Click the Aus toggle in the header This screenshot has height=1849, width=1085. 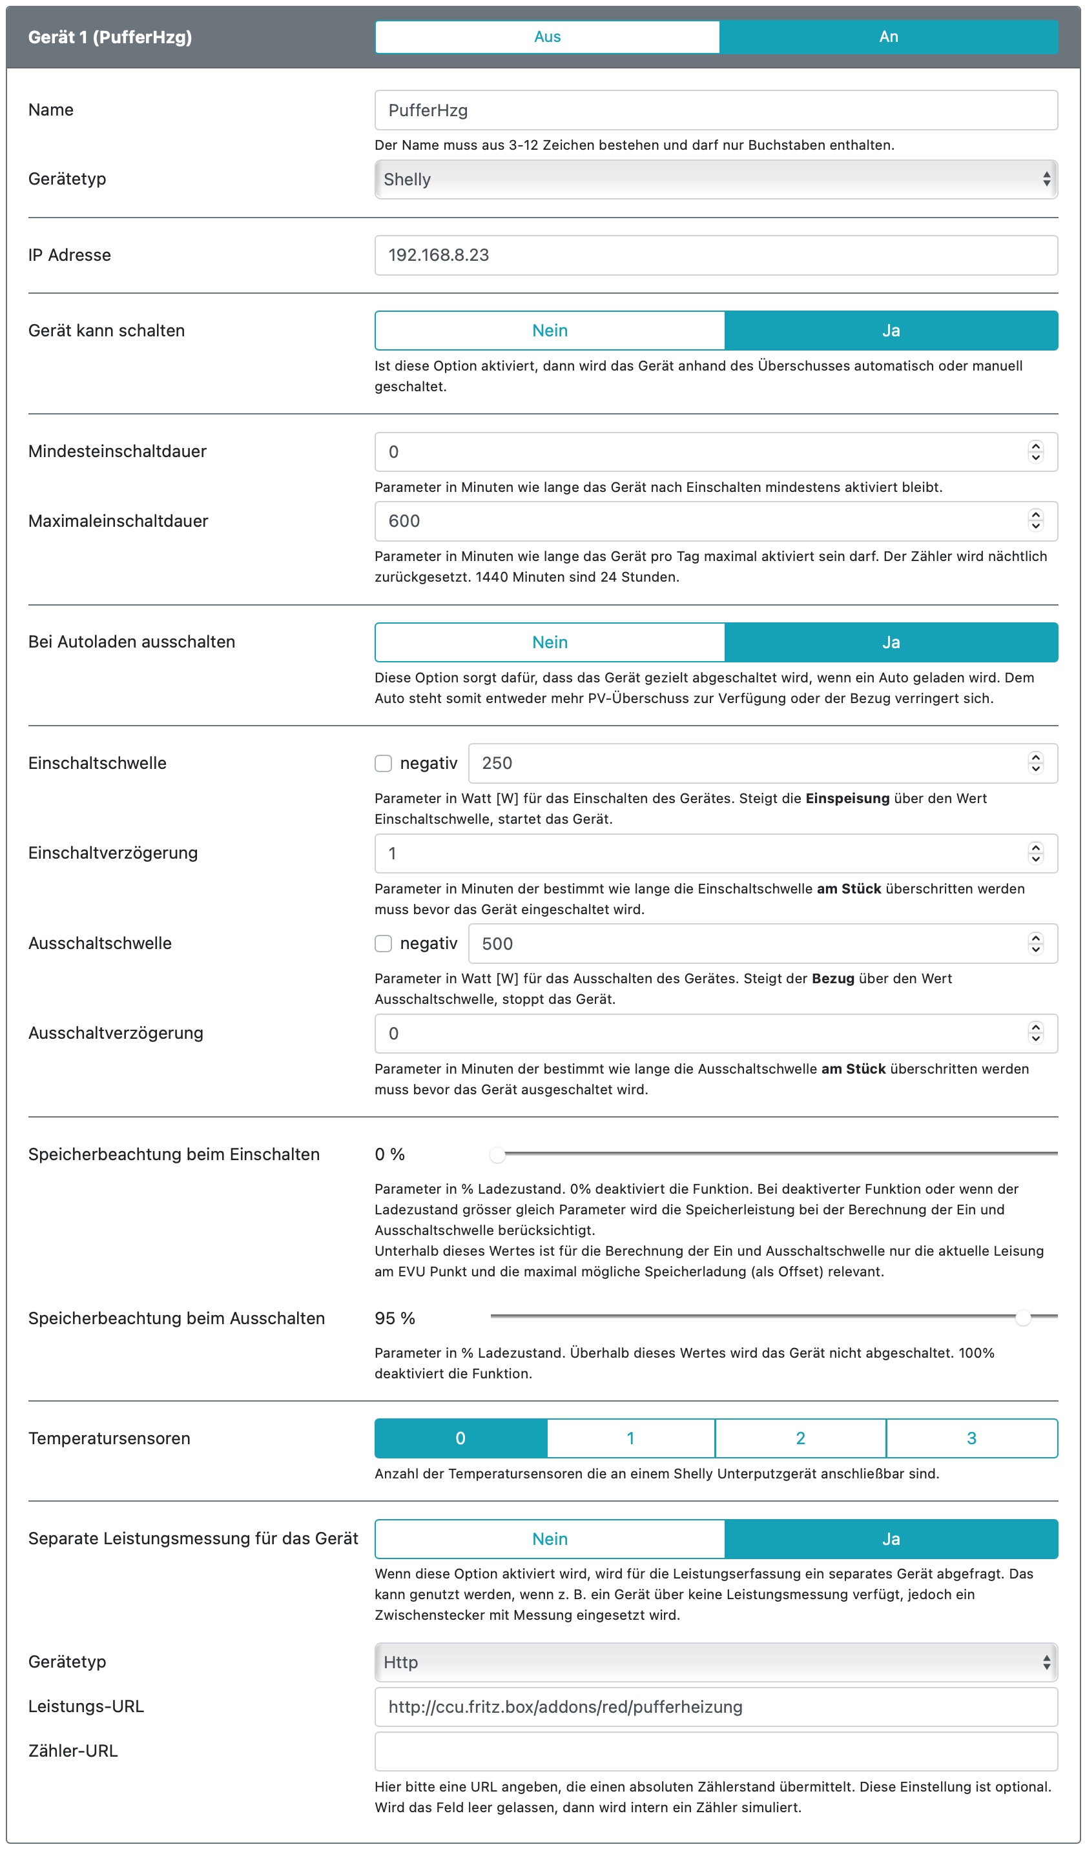point(547,37)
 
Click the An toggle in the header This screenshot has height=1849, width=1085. point(888,37)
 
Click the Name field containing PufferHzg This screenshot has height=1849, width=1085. point(716,110)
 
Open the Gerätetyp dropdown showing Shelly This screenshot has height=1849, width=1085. point(716,179)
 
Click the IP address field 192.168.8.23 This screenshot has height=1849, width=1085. point(716,256)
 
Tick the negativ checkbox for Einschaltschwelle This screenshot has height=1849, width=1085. point(383,763)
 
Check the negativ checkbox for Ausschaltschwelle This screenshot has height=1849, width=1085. point(383,944)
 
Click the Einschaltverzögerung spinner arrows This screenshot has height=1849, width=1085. point(1035,853)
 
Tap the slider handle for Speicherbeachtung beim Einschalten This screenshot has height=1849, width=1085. point(498,1155)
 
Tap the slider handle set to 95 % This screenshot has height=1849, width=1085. point(1022,1318)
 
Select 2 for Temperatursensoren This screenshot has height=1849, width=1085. point(800,1438)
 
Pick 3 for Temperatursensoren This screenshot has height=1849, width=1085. point(971,1438)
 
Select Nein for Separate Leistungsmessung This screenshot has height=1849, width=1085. point(550,1538)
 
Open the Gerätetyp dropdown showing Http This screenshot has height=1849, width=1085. point(716,1662)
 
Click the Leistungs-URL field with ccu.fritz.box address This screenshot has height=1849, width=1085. point(716,1707)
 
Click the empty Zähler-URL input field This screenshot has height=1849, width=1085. point(716,1752)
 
